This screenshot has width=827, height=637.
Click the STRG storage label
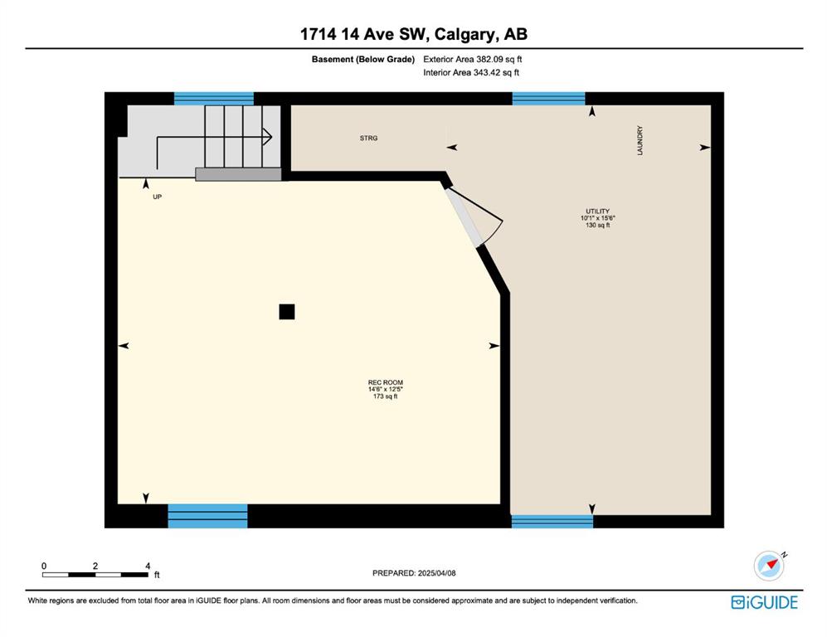click(x=368, y=139)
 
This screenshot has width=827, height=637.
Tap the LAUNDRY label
click(x=640, y=140)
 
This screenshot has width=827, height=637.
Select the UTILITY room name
click(x=597, y=211)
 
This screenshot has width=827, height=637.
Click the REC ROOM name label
click(x=386, y=382)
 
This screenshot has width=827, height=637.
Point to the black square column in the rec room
click(x=287, y=312)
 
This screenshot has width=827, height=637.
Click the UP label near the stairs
click(x=157, y=197)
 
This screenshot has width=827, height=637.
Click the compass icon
click(x=770, y=566)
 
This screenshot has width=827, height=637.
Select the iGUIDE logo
click(x=764, y=602)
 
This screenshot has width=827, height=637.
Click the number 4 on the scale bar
click(x=148, y=566)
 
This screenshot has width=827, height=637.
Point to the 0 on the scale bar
click(x=44, y=566)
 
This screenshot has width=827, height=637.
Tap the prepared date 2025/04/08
click(x=436, y=573)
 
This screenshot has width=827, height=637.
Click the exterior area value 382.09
click(x=489, y=60)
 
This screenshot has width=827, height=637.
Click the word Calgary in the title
click(x=465, y=35)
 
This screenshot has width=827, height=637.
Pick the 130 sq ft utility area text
click(x=597, y=225)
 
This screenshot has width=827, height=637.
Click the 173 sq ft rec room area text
click(x=386, y=396)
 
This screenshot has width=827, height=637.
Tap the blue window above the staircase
click(x=214, y=99)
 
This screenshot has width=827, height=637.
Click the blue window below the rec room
click(x=208, y=516)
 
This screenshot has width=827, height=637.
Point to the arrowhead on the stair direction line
click(x=268, y=137)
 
